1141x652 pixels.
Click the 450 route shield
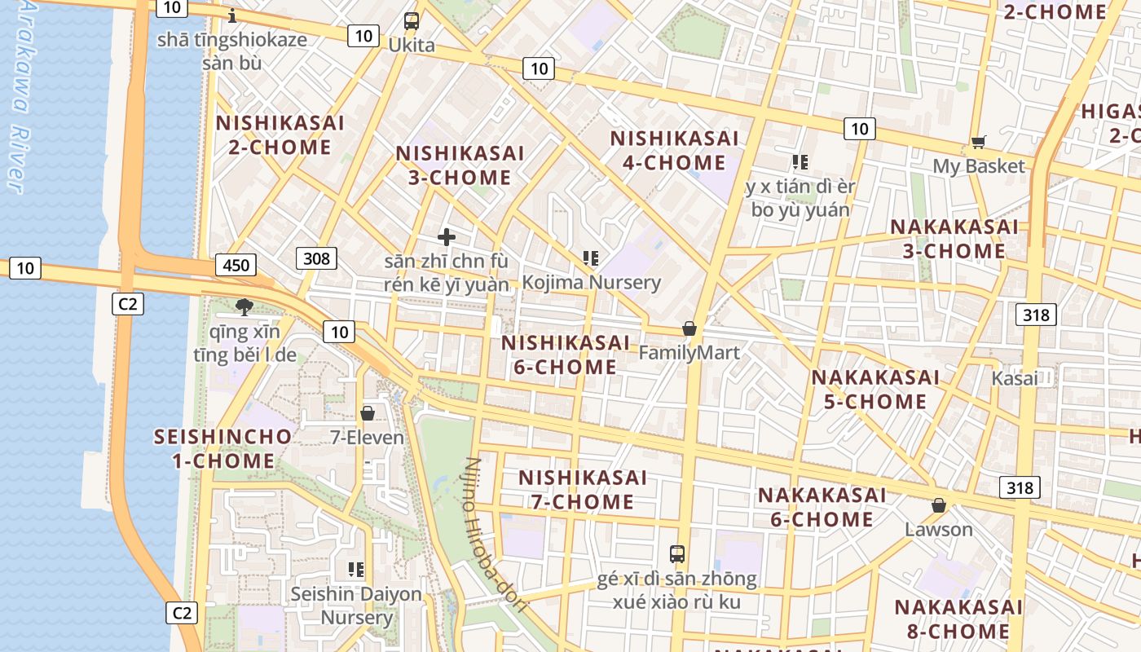236,265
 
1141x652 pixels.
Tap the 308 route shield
315,258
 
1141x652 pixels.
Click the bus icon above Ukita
412,21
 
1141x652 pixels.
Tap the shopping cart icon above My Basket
979,143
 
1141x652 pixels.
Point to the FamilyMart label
689,353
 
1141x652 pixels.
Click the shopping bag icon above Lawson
939,505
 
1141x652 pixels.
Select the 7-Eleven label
367,438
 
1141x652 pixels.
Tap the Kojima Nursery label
591,283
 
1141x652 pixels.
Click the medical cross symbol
447,237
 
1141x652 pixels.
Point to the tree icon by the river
243,307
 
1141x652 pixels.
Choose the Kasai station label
1015,378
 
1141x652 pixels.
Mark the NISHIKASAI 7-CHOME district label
582,489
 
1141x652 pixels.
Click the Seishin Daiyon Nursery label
356,605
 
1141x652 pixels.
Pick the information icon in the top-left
233,15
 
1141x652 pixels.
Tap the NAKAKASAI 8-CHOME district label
958,619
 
